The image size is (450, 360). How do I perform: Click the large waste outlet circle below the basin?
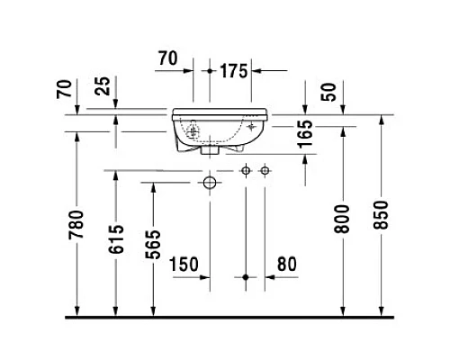[x=209, y=183]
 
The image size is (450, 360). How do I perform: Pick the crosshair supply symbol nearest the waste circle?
[x=245, y=170]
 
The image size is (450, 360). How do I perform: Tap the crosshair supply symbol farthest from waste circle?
[x=264, y=170]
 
